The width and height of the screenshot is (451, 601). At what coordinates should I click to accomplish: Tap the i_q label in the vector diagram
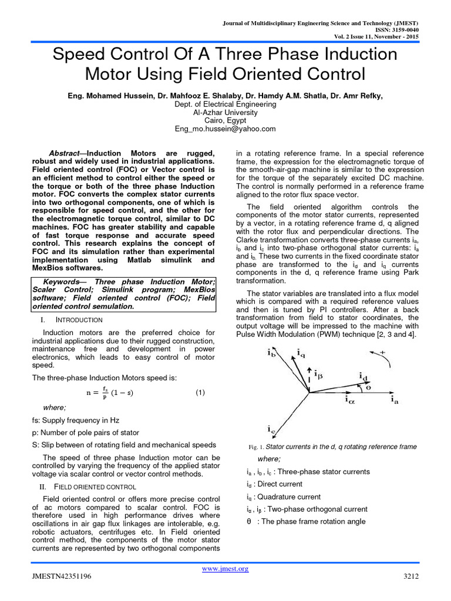click(301, 353)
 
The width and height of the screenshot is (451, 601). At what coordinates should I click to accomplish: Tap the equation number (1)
click(200, 393)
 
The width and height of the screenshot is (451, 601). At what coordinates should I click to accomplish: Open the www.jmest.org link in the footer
click(225, 568)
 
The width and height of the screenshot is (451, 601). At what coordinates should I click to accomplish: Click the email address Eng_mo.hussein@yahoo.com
click(225, 129)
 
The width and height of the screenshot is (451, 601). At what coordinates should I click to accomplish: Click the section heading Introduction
click(79, 320)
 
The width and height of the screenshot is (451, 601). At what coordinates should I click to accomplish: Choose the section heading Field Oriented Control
click(95, 487)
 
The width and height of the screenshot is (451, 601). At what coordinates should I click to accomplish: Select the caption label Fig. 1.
click(257, 447)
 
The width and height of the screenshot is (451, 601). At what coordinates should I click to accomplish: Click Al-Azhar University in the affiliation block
click(225, 112)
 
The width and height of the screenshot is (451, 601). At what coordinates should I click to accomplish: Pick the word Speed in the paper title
click(78, 55)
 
